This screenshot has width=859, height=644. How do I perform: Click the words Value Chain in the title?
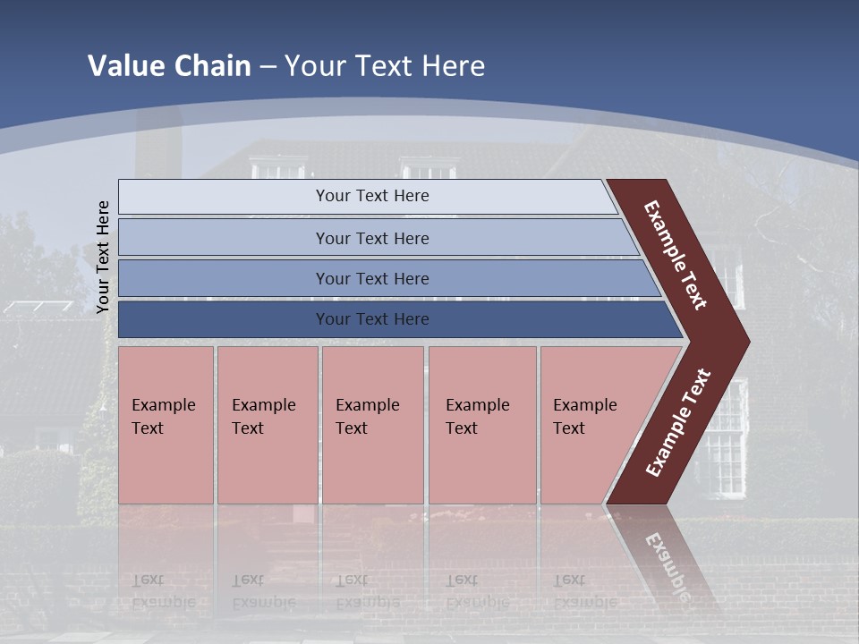point(169,66)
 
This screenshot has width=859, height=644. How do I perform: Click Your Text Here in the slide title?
point(385,66)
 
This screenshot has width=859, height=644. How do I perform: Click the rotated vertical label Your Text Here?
point(103,257)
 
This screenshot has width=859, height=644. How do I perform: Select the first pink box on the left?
point(166,425)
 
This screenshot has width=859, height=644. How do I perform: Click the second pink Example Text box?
point(267,425)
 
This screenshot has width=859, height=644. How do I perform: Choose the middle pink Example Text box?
point(372,425)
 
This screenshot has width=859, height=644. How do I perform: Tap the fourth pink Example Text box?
point(482,425)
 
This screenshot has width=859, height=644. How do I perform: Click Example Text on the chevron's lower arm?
point(678,423)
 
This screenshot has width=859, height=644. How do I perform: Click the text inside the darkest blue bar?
point(372,319)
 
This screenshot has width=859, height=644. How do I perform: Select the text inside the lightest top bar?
point(372,196)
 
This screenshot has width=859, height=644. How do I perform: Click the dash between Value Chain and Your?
point(268,67)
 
